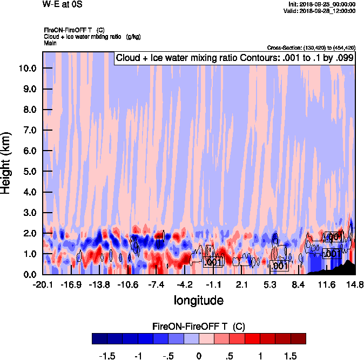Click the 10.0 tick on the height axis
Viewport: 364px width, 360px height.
tap(28, 69)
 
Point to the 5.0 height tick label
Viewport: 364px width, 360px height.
tap(28, 172)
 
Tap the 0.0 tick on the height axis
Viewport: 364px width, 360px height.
tap(28, 275)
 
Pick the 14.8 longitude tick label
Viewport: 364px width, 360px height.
tap(355, 284)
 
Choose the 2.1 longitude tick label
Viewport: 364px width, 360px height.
tap(241, 284)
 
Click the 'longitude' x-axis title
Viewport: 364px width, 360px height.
tap(198, 300)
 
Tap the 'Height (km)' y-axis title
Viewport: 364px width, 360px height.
tap(6, 162)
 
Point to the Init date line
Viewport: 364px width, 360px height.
tap(322, 4)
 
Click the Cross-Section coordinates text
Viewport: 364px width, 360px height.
tap(311, 48)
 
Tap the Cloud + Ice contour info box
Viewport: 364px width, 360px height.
tap(234, 58)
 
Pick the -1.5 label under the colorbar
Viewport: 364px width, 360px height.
tap(108, 356)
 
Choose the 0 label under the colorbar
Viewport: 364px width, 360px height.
tap(199, 356)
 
